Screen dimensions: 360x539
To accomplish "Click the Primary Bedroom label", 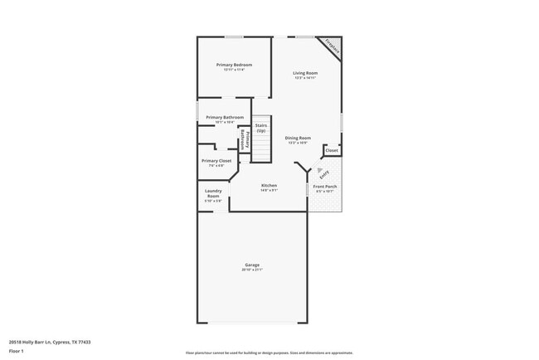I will click(234, 65).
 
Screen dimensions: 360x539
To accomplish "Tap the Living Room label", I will click(305, 73).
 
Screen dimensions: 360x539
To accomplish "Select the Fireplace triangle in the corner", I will click(333, 46).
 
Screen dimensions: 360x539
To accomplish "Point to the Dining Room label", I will click(298, 138).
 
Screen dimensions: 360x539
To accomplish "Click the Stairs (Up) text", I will click(260, 128).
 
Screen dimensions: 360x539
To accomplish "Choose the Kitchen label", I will click(269, 185).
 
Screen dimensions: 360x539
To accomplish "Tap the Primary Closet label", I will click(216, 160).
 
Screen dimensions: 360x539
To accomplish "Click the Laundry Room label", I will click(213, 193).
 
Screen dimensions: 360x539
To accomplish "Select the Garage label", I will click(252, 265).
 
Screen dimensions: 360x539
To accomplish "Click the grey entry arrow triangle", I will click(319, 168).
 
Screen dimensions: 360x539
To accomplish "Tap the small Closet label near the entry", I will click(331, 150).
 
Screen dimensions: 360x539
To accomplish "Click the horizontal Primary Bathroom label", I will click(225, 117).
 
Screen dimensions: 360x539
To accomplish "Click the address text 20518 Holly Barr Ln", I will click(50, 341).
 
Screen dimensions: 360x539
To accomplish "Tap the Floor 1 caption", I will click(17, 351).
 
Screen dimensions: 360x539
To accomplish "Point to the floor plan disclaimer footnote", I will click(269, 353).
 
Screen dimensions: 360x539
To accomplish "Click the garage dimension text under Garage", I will click(252, 270).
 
